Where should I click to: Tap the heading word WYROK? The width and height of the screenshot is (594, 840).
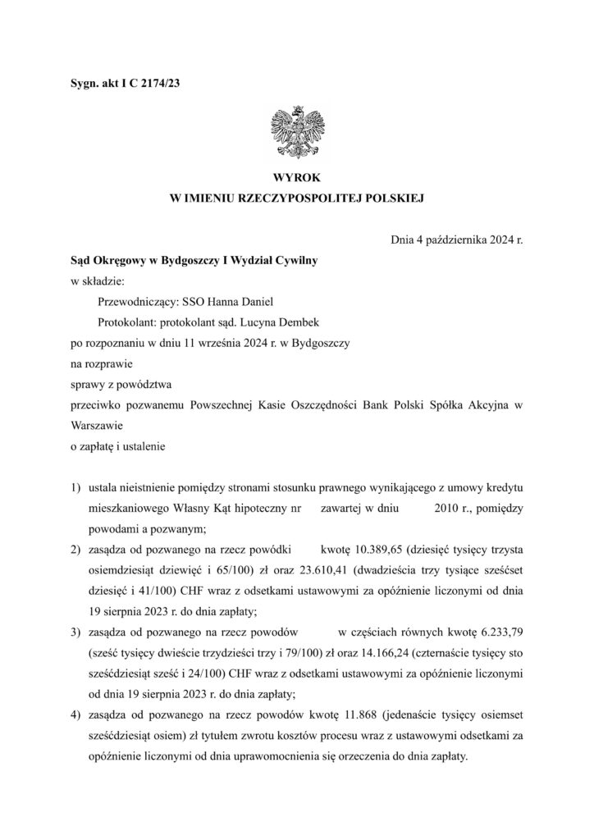coord(297,177)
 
